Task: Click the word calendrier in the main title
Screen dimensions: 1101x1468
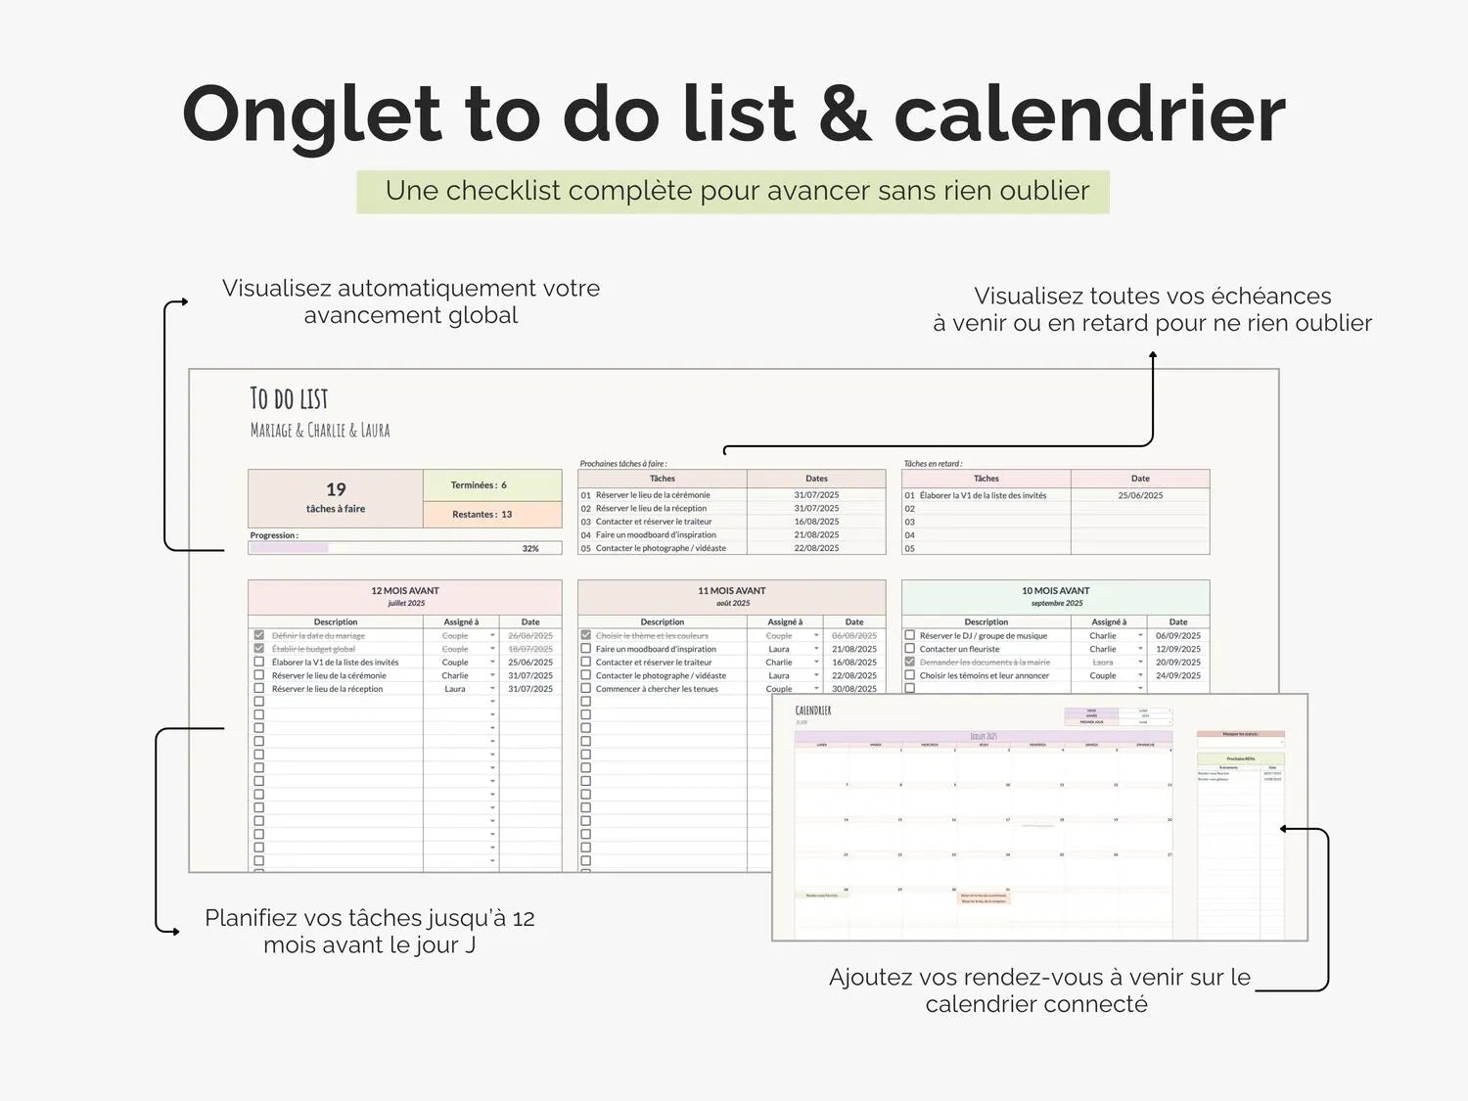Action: coord(1088,115)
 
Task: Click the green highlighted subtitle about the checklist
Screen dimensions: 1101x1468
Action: coord(733,191)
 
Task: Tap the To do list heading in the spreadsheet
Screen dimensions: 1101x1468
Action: coord(289,398)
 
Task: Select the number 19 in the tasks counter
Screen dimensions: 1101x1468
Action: coord(336,489)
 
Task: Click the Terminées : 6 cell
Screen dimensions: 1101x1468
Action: coord(480,485)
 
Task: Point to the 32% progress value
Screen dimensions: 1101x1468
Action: coord(530,548)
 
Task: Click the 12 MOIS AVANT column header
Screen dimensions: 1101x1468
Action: coord(404,591)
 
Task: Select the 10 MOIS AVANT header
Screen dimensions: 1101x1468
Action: coord(1055,591)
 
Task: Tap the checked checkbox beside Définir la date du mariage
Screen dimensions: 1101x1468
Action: coord(259,635)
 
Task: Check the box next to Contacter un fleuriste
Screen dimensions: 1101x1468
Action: coord(909,648)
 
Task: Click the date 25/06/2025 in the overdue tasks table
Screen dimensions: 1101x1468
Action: coord(1140,495)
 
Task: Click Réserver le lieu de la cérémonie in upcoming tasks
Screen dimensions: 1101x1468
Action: coord(653,495)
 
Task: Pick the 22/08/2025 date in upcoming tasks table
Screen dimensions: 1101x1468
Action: coord(816,548)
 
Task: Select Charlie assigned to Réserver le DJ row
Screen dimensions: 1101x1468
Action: coord(1103,635)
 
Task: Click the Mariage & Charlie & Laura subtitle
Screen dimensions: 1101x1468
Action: coord(320,431)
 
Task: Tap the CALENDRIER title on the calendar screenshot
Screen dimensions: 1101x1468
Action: coord(812,711)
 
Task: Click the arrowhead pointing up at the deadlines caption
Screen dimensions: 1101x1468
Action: coord(1153,355)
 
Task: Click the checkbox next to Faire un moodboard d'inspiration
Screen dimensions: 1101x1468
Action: coord(586,648)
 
